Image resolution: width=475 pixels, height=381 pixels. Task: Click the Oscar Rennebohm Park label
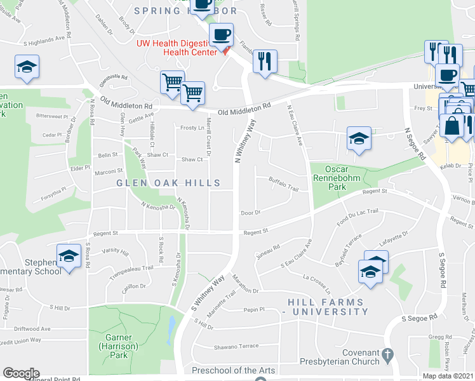click(x=337, y=178)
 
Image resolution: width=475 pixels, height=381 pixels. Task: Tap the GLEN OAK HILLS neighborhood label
click(x=168, y=184)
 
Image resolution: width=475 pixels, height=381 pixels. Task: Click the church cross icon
click(x=386, y=353)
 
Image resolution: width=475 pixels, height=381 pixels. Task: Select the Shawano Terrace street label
click(x=236, y=346)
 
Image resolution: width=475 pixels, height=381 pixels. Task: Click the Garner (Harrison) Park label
click(x=114, y=342)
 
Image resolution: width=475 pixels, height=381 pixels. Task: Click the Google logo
click(x=21, y=373)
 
